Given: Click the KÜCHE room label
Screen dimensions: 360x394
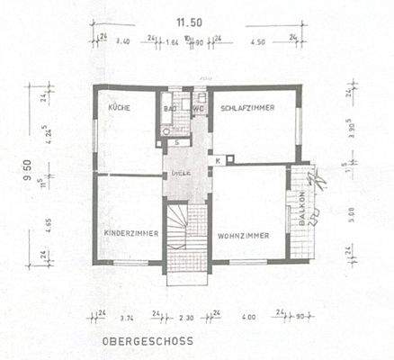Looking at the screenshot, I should pos(120,107).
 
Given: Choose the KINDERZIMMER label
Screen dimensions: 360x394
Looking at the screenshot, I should pos(131,233).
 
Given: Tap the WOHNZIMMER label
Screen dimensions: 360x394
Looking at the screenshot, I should pos(243,235).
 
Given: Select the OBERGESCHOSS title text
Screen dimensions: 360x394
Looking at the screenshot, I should pos(148,342).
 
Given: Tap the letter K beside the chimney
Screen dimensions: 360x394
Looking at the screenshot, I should pos(219,160).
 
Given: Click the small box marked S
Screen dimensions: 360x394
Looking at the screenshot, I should pos(178,142).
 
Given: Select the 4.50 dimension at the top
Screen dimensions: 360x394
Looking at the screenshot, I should pos(258,41).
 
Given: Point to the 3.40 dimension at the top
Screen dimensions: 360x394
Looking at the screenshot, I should pos(124,41).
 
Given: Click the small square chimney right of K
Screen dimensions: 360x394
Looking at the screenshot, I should pos(230,159).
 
